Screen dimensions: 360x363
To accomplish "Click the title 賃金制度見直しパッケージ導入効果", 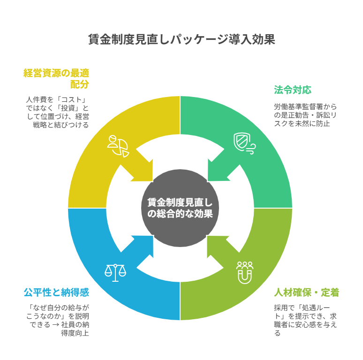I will [x=181, y=39].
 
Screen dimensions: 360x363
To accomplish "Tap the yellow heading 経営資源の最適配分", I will [x=57, y=78].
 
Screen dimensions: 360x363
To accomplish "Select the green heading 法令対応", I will [x=293, y=90].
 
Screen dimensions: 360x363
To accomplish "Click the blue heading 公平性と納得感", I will [x=56, y=292].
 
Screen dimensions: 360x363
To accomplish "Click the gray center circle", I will [x=180, y=208].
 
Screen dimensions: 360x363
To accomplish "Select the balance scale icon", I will [x=115, y=272].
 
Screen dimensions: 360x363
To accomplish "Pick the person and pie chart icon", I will [x=117, y=146].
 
